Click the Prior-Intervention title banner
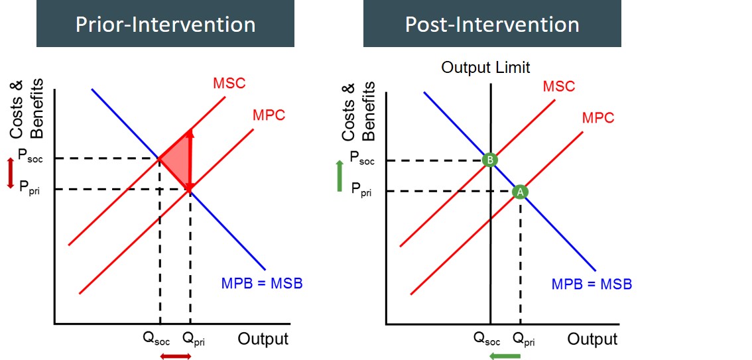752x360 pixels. pos(165,25)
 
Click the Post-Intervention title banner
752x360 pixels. pos(492,25)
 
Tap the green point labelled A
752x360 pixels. pos(520,191)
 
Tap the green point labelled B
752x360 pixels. pos(490,160)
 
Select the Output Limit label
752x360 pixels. pos(485,68)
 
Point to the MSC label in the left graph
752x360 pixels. pos(229,84)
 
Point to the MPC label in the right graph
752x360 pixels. pos(597,118)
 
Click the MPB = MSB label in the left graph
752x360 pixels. pos(262,283)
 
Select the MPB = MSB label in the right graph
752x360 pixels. pos(592,284)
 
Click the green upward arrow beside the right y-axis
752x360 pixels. pos(340,176)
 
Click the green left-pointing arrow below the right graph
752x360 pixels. pos(505,356)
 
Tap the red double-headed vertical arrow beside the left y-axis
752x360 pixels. pos(10,173)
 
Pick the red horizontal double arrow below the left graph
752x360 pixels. pos(176,356)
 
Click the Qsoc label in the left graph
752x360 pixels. pos(157,340)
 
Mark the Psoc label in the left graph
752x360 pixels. pos(31,157)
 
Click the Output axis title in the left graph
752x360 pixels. pos(263,339)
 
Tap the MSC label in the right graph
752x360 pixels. pos(558,87)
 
